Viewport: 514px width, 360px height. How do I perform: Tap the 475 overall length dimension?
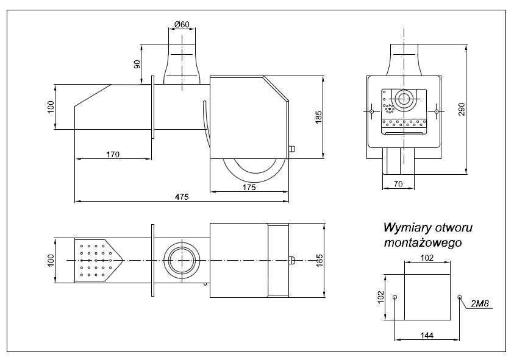pos(182,197)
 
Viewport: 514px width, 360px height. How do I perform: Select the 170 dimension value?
pos(112,154)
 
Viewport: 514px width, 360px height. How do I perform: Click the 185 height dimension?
pos(318,117)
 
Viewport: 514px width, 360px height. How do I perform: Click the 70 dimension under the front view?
pos(398,183)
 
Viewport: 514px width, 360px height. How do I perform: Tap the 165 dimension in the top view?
pos(318,261)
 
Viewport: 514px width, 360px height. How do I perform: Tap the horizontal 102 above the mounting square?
pos(427,258)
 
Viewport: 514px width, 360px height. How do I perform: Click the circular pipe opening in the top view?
pos(180,260)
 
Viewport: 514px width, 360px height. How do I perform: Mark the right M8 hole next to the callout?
pos(459,297)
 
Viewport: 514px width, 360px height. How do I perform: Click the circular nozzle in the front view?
pos(402,99)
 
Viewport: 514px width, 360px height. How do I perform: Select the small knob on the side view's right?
pos(292,149)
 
